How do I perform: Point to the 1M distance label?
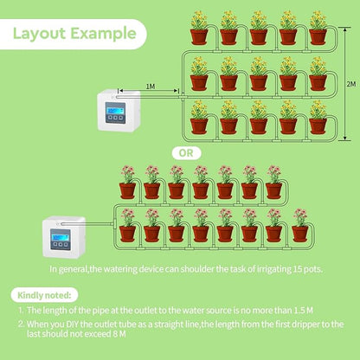[x=150, y=87]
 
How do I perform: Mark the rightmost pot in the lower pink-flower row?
[x=299, y=233]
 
